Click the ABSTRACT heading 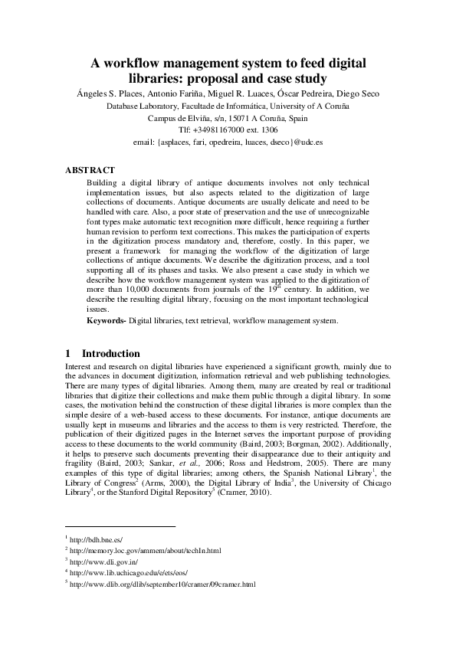coord(90,170)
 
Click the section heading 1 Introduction coord(103,354)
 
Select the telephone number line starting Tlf coord(228,130)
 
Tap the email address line coord(228,142)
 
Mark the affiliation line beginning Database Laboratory coord(228,106)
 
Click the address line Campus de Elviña coord(228,118)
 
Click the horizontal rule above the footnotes coord(120,526)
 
